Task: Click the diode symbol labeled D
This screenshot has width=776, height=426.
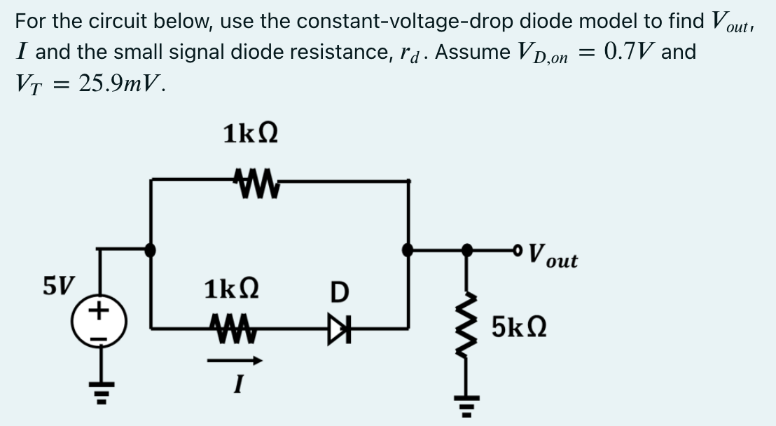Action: tap(339, 326)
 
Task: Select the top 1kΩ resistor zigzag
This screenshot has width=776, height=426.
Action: tap(249, 181)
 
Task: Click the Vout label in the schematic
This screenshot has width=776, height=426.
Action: tap(553, 256)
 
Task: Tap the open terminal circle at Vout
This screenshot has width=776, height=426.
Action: tap(518, 249)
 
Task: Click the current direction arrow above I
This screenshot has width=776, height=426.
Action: tap(235, 361)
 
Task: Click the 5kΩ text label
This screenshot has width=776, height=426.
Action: tap(519, 327)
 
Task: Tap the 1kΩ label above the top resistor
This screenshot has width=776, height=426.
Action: tap(249, 133)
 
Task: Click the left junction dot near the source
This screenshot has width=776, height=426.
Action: tap(149, 249)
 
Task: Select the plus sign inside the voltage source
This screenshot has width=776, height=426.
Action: tap(99, 309)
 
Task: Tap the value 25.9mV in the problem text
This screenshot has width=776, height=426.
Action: tap(123, 85)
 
